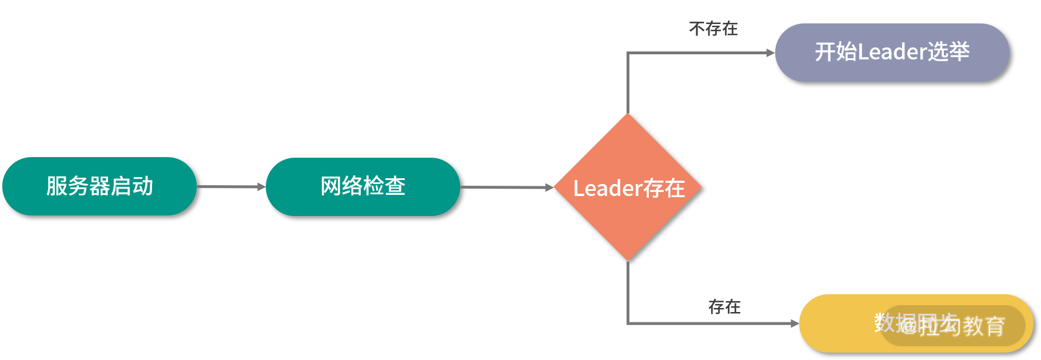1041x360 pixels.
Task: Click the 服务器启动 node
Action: pos(99,186)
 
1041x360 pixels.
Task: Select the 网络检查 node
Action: pos(362,187)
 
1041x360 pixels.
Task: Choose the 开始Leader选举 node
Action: pos(892,53)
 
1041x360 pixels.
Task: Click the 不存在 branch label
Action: pos(713,29)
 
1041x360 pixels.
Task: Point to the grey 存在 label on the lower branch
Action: pos(724,307)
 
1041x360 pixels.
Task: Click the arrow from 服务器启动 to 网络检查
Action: pos(231,187)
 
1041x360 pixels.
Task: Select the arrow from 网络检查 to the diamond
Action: pos(506,187)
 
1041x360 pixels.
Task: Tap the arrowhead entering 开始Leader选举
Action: pos(771,53)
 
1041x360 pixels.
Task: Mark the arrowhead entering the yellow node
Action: pos(795,323)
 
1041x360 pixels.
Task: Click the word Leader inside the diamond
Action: pos(608,189)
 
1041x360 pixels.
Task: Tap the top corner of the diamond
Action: pos(628,115)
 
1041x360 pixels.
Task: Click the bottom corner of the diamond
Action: pos(628,259)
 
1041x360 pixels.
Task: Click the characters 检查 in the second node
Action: pos(384,186)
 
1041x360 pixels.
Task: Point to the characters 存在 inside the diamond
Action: pos(664,189)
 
